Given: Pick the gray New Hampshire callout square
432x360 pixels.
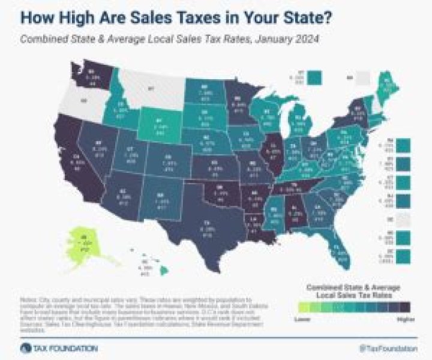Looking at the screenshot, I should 362,77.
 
